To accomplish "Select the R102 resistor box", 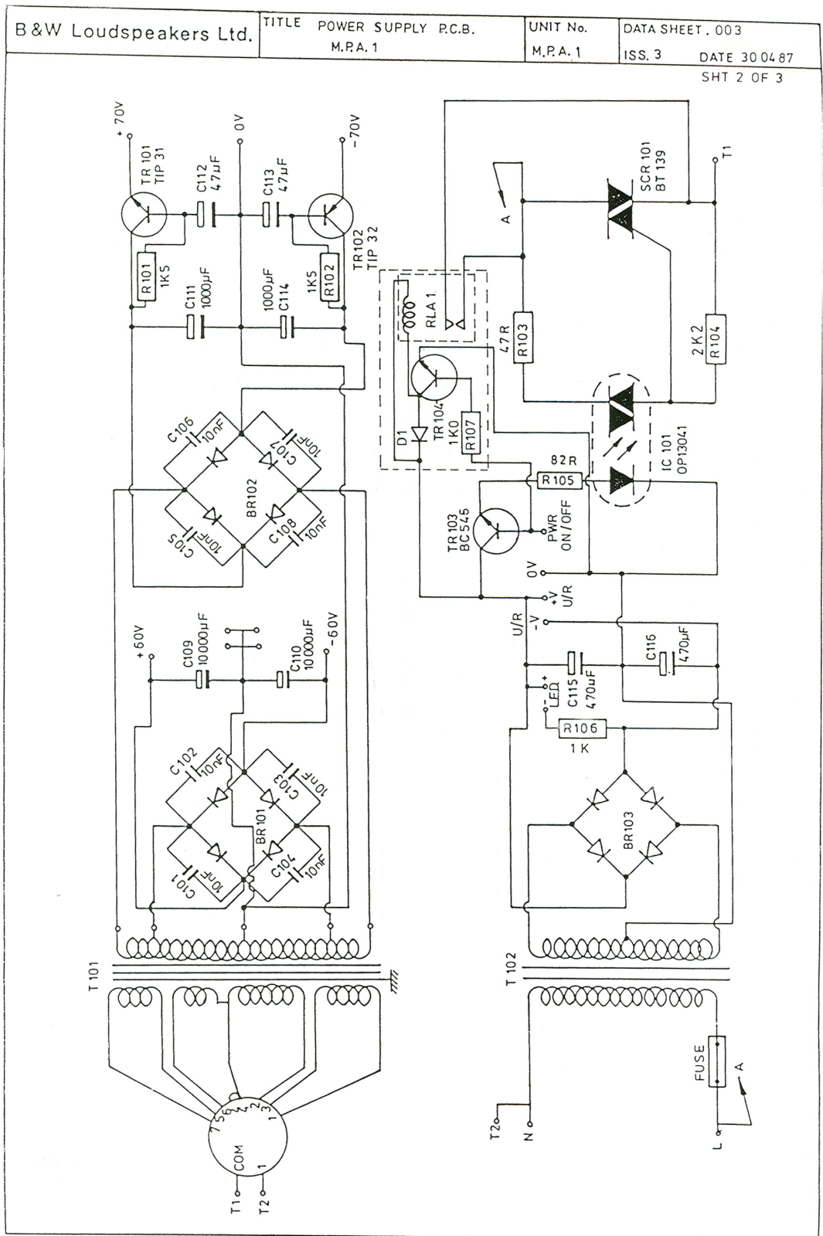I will click(330, 277).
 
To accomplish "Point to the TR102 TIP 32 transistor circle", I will click(330, 216).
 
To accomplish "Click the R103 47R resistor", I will click(523, 336).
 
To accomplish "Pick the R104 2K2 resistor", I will click(715, 338).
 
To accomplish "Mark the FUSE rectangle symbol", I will click(717, 1061).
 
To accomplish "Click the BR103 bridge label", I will click(627, 830).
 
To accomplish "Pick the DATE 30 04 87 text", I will click(746, 58).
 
